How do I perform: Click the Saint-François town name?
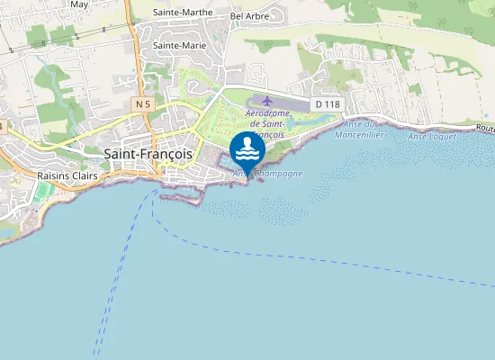[148, 154]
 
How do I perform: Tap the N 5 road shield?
[142, 104]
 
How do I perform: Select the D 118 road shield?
[328, 104]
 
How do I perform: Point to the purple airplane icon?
[266, 101]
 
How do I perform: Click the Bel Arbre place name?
[249, 16]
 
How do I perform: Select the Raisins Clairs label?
[67, 175]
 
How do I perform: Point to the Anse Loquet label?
[427, 136]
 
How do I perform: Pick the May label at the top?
[79, 4]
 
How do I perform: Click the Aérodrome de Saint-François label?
[265, 125]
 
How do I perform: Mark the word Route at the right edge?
[484, 129]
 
